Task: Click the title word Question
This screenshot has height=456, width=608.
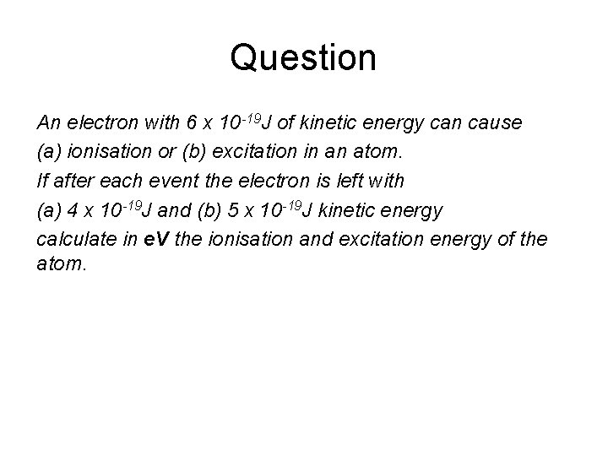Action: pos(303,58)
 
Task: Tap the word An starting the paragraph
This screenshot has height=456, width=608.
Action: pos(48,123)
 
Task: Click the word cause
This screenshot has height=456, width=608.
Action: pos(497,123)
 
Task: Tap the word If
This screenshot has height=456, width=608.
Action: pos(42,182)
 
